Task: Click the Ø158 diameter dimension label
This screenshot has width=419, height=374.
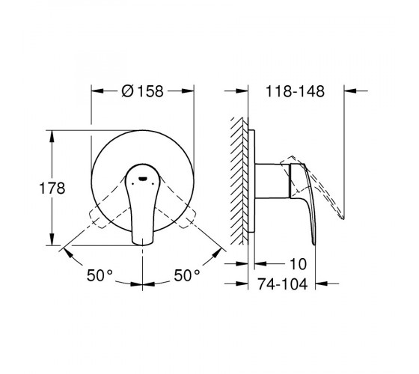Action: click(x=142, y=91)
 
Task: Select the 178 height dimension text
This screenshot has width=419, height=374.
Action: click(x=52, y=188)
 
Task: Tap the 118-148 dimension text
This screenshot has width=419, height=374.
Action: click(x=295, y=91)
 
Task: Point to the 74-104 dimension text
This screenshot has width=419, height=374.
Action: click(x=283, y=284)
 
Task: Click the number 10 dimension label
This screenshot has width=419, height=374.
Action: click(x=299, y=264)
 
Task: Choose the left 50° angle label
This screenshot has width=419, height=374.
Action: click(x=100, y=275)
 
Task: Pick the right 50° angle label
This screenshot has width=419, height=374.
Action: click(x=187, y=275)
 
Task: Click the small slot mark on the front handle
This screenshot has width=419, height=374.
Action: click(x=142, y=179)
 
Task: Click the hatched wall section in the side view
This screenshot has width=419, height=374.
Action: click(x=239, y=181)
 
